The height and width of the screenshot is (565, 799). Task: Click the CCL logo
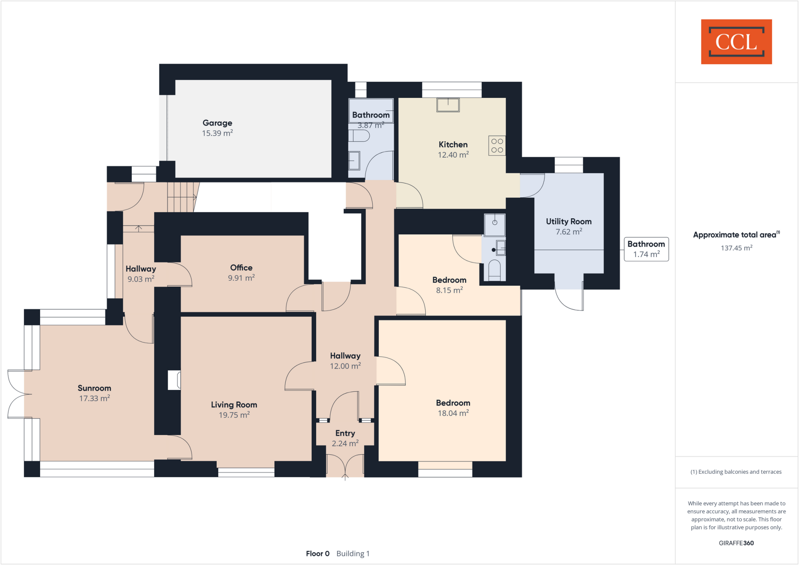coord(736,42)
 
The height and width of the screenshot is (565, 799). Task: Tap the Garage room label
coord(217,123)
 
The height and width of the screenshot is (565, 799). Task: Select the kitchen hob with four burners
coord(497,146)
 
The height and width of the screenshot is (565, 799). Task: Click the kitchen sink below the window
coord(448,105)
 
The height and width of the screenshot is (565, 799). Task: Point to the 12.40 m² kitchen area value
coord(453,155)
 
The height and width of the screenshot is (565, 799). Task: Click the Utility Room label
coord(568,221)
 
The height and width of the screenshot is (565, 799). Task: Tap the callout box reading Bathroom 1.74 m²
coord(646,249)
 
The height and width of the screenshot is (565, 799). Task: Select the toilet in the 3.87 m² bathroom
coord(359,136)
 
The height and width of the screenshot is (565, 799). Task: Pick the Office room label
coord(241,268)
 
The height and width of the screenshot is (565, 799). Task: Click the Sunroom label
coord(94,388)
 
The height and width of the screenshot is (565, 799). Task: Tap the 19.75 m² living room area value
coord(234,415)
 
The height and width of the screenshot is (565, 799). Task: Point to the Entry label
coord(345,433)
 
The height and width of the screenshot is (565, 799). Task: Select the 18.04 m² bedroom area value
coord(453,413)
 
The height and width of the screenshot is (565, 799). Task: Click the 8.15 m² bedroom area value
coord(449,290)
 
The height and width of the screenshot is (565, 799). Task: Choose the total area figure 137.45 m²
coord(736,248)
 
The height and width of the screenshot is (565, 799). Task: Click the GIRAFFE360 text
coord(736,543)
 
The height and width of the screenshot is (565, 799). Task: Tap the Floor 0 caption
coord(318,554)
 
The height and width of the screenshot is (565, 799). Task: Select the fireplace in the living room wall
coord(174,380)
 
